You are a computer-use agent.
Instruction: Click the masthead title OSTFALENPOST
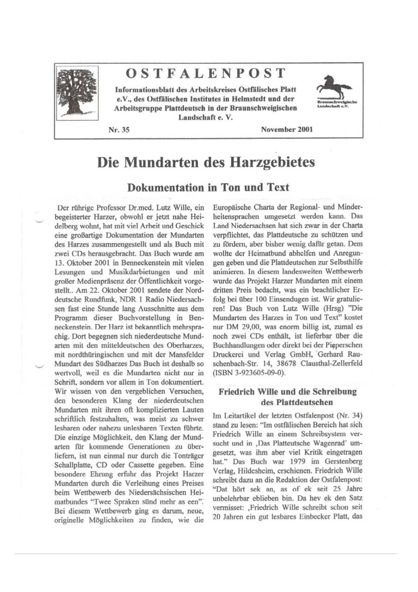click(206, 73)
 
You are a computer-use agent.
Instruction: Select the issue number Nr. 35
click(118, 130)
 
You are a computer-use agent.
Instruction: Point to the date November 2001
click(287, 129)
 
